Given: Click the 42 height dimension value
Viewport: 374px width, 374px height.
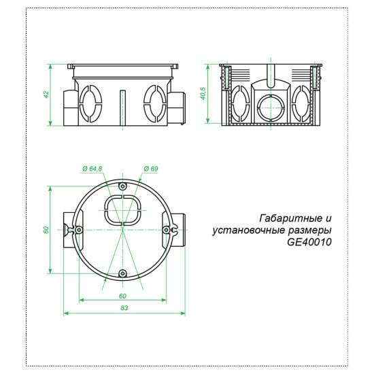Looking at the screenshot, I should [46, 95].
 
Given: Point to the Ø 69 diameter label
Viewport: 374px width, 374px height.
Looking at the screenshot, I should [151, 168].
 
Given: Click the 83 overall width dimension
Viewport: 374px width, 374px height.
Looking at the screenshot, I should [124, 308].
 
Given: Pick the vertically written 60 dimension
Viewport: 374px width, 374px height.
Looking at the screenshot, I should [46, 230].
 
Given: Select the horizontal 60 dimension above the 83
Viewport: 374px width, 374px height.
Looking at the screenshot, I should [122, 296].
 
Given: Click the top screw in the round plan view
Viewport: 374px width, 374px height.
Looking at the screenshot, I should [122, 186].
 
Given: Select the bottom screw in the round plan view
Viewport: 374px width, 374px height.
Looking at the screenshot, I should [122, 273].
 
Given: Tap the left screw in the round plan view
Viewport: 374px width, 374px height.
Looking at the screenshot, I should [80, 230].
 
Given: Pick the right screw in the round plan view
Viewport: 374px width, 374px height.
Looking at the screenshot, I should [166, 230].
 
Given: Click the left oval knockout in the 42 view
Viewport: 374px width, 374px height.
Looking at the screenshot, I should [90, 103].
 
